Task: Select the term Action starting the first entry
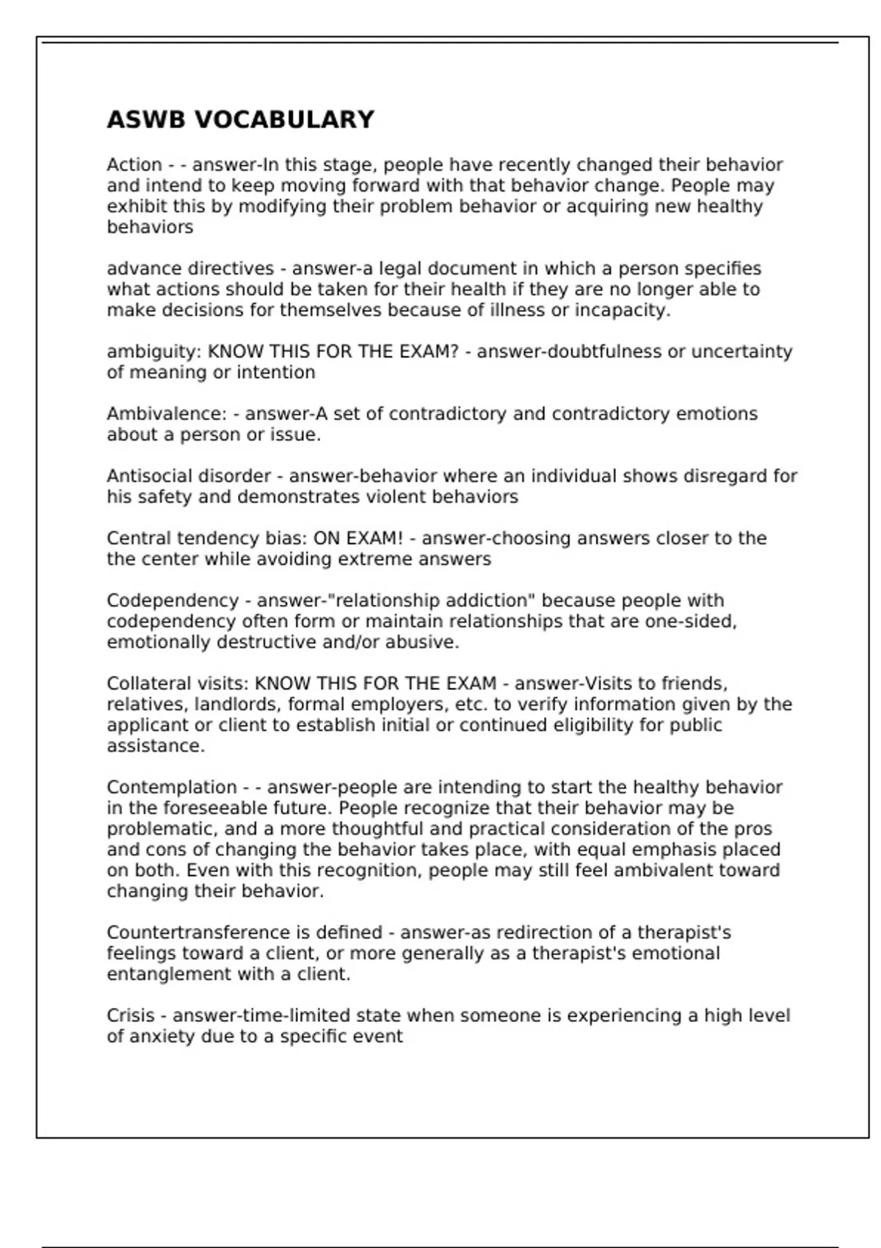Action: pyautogui.click(x=134, y=165)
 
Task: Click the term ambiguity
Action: pyautogui.click(x=153, y=352)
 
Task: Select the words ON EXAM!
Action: pyautogui.click(x=358, y=539)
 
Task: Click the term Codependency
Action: pyautogui.click(x=173, y=601)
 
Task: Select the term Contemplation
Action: pyautogui.click(x=172, y=788)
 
